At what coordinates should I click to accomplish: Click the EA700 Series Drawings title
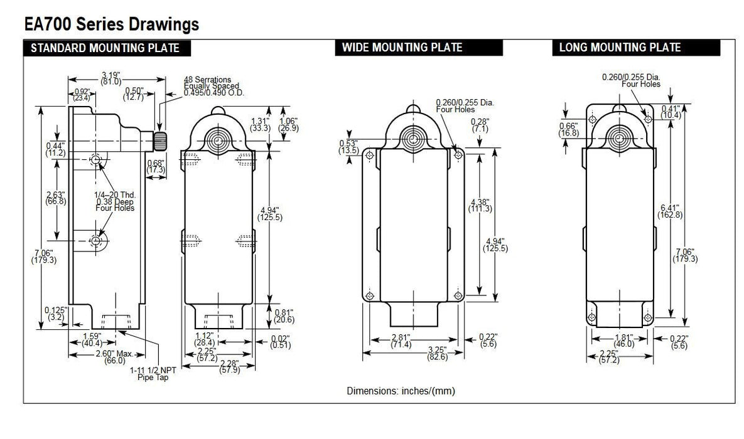[x=111, y=24]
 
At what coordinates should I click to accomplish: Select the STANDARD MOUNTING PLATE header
[x=105, y=48]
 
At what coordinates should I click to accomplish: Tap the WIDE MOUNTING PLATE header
[x=402, y=48]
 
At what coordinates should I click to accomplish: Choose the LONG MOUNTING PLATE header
[x=620, y=48]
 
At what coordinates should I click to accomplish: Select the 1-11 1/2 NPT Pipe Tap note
[x=153, y=374]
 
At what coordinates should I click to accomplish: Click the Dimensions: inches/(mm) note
[x=401, y=391]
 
